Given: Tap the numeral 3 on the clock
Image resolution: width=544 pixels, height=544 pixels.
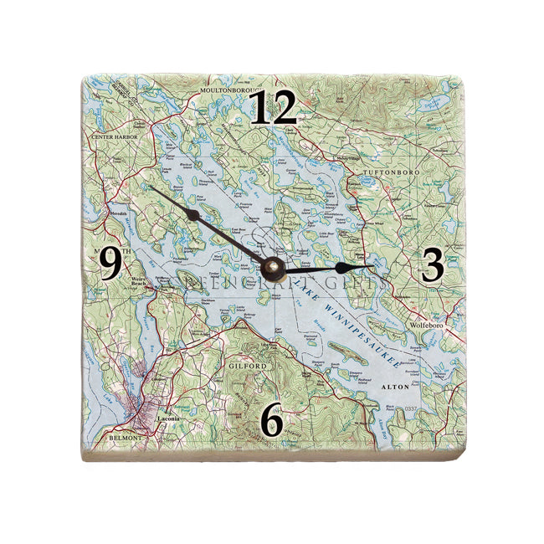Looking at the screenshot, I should coord(432,265).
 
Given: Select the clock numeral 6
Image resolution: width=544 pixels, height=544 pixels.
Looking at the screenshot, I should coord(270,420).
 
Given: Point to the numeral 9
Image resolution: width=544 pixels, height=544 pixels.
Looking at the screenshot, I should coord(111,265).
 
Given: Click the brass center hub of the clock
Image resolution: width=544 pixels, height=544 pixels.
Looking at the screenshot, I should coord(272,268).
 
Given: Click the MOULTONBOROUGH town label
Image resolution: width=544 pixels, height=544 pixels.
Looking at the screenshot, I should coord(228,88).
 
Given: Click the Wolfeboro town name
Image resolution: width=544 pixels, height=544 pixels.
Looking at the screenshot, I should coord(425,324).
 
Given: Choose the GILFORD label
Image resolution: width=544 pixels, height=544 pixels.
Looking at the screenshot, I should coord(246,367).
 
